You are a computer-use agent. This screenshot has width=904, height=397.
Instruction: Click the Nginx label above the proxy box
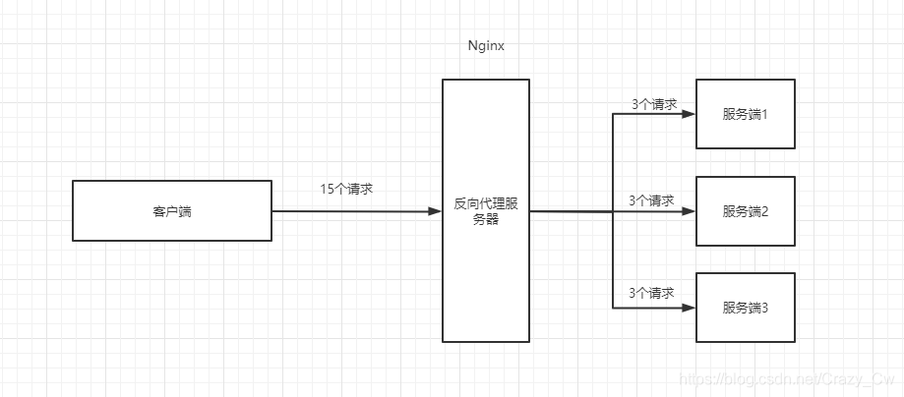[x=486, y=46]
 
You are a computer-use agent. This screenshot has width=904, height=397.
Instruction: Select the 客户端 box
[x=172, y=210]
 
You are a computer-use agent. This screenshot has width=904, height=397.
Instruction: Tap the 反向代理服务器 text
[x=486, y=210]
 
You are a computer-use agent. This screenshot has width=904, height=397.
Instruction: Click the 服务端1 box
[x=745, y=114]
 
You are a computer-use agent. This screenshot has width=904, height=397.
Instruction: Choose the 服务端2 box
[x=745, y=210]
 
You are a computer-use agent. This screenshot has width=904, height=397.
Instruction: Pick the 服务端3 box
[x=745, y=308]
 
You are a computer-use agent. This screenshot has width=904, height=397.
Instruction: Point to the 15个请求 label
[x=346, y=189]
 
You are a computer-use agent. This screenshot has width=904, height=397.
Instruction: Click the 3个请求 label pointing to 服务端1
[x=653, y=103]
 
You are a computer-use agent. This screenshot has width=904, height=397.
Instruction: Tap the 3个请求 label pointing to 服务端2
[x=651, y=200]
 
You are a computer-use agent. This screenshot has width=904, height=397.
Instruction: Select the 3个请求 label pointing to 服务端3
[x=651, y=293]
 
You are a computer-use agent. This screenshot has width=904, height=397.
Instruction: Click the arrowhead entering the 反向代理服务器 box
[x=435, y=211]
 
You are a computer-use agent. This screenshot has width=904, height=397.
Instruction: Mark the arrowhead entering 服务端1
[x=689, y=114]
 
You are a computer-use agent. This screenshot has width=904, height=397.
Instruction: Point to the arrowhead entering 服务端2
[x=689, y=211]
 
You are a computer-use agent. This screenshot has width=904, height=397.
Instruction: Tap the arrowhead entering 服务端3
[x=689, y=308]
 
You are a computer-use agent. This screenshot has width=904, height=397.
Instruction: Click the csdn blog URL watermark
[x=787, y=378]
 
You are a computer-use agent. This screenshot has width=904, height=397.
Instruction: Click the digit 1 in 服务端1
[x=763, y=114]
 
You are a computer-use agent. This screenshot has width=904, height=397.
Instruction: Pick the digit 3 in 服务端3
[x=763, y=308]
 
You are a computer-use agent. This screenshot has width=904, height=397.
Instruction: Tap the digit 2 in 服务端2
[x=763, y=211]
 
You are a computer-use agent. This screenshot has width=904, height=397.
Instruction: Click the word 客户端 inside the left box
[x=172, y=211]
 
